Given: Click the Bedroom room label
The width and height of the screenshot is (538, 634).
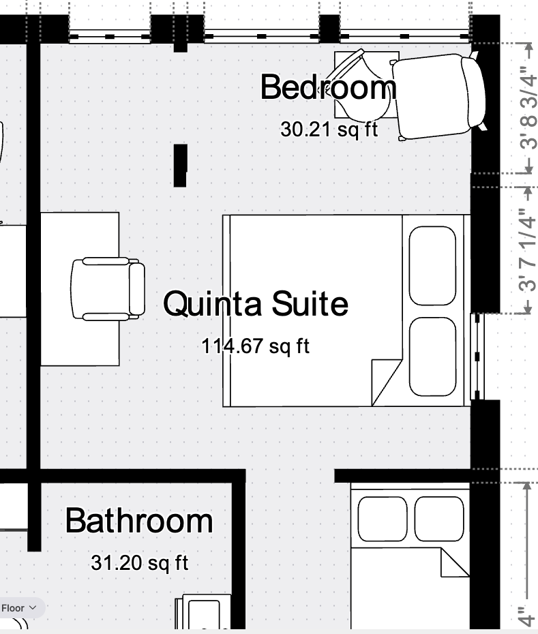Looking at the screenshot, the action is click(329, 87).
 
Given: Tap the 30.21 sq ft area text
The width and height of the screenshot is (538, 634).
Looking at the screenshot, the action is click(329, 130).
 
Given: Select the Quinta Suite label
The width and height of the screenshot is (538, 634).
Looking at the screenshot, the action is click(256, 303).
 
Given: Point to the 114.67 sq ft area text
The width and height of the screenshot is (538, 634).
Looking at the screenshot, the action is click(256, 346).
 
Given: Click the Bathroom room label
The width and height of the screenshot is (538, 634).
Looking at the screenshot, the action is click(139, 521).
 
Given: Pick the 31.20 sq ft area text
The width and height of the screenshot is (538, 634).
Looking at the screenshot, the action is click(140, 562).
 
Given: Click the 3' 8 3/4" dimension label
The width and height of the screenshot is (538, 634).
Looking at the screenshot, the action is click(528, 108).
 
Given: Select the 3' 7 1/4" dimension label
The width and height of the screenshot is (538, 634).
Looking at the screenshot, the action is click(528, 250).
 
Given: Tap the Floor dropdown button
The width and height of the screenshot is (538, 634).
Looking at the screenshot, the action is click(19, 607).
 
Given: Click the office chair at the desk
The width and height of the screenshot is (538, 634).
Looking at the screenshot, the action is click(108, 288).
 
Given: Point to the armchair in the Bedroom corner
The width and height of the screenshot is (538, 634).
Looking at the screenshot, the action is click(439, 97).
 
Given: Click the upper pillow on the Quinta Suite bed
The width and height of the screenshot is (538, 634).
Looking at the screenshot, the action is click(432, 266).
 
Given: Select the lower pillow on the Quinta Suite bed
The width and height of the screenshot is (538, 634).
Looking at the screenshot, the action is click(432, 357).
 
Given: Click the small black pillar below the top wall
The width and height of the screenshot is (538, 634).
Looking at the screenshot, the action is click(181, 166).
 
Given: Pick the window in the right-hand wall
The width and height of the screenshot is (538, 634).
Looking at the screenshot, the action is click(477, 357).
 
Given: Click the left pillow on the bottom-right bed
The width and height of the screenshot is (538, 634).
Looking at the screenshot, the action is click(383, 519).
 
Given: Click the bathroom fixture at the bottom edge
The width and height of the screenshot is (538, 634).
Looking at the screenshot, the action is click(203, 612).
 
